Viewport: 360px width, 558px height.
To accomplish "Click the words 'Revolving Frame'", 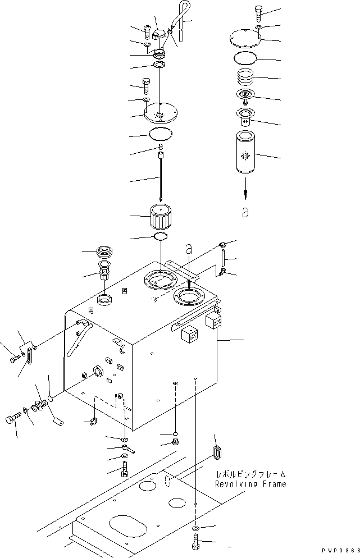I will [x=250, y=484].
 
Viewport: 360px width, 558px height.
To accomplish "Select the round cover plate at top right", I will [x=245, y=40].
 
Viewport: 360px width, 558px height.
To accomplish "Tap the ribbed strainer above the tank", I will [x=161, y=218].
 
